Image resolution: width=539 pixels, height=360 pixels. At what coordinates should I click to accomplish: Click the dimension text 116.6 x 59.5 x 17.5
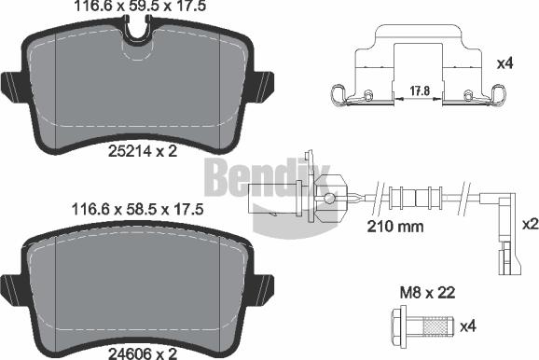coord(137,7)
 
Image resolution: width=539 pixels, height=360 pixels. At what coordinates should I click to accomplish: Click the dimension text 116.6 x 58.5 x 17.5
coord(137,212)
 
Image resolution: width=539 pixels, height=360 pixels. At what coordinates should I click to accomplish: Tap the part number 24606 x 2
coord(136,352)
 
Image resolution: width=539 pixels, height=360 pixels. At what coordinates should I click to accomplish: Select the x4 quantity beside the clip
coord(505,63)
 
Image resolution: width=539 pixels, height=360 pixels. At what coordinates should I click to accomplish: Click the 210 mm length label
coord(394,227)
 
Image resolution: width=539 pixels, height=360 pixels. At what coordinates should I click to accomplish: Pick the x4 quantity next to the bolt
coord(469,325)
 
